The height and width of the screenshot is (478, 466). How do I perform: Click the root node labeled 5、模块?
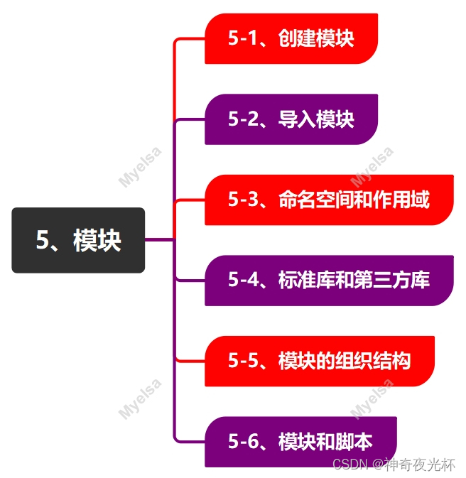pyautogui.click(x=78, y=240)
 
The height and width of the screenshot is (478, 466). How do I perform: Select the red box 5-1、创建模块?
pyautogui.click(x=291, y=38)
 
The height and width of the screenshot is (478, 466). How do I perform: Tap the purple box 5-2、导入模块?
pyautogui.click(x=291, y=119)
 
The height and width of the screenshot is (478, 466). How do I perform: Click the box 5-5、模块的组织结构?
pyautogui.click(x=319, y=361)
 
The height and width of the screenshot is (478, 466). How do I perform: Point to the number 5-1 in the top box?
pyautogui.click(x=242, y=38)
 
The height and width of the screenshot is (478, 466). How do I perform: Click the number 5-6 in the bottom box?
pyautogui.click(x=242, y=441)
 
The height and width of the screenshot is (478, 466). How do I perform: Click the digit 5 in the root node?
pyautogui.click(x=43, y=241)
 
